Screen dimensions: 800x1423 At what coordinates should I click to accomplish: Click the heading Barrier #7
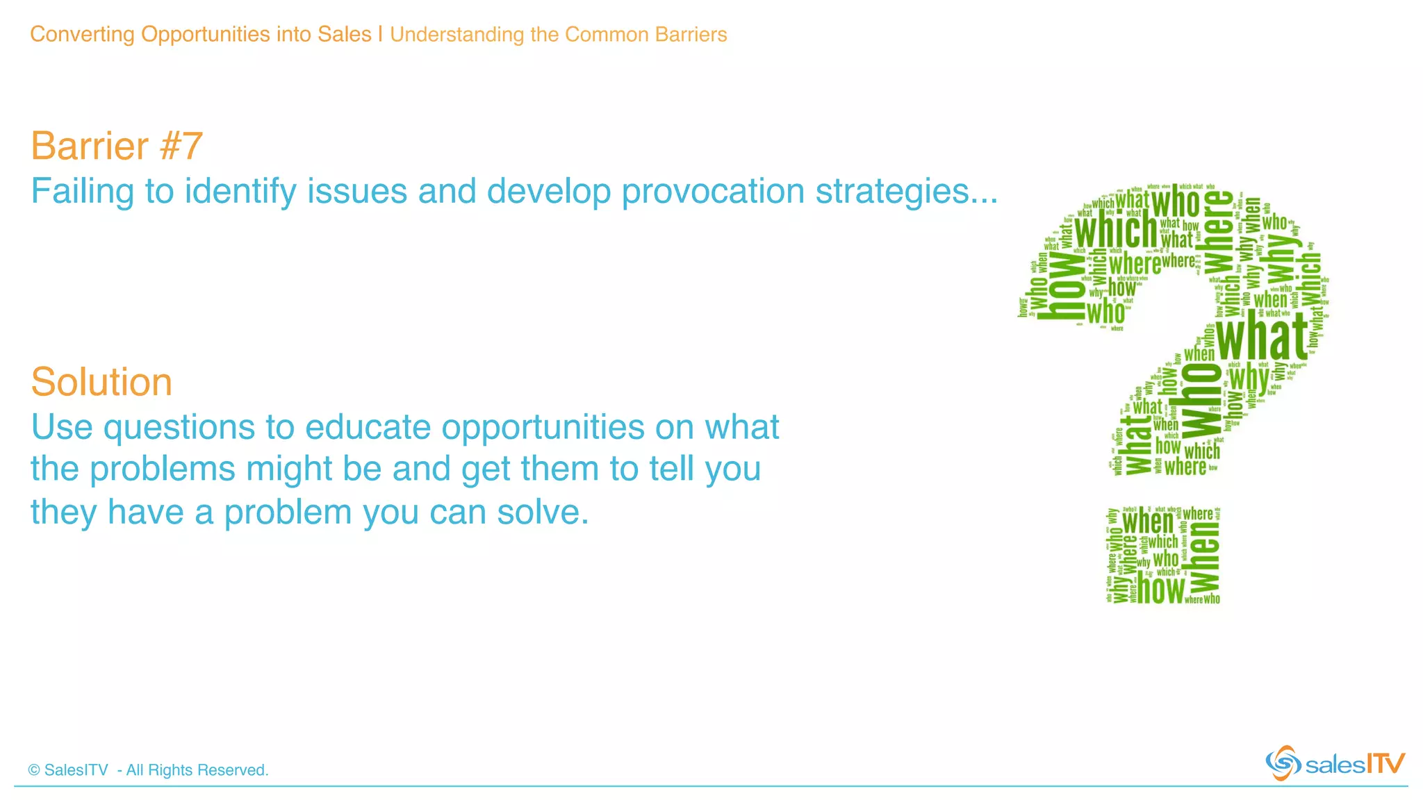[116, 146]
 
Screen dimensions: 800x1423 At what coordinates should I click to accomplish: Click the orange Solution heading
[101, 382]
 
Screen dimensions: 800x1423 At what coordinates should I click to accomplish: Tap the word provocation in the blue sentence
[713, 192]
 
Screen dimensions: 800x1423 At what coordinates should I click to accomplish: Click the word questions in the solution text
[179, 428]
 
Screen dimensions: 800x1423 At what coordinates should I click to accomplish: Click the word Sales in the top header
[345, 34]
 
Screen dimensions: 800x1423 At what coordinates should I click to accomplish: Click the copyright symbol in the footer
[34, 770]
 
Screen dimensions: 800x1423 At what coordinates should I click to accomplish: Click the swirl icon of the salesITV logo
[1283, 763]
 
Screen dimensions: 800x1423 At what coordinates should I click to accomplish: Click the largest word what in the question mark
[1262, 336]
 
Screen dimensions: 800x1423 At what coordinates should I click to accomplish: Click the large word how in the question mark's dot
[1160, 589]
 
